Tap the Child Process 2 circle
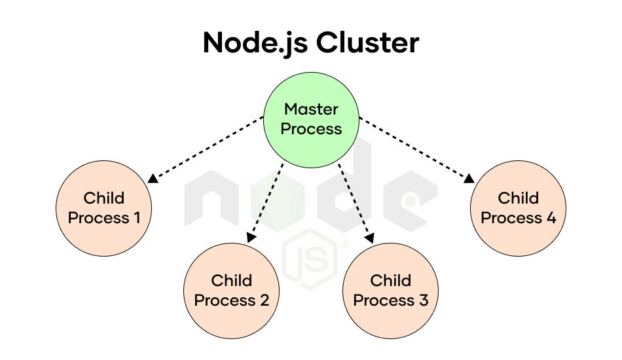[231, 290]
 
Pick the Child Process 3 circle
[390, 290]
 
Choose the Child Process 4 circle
[518, 207]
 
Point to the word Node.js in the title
[255, 43]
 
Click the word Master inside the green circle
[311, 109]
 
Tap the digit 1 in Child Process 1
[136, 217]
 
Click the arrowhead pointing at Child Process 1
[153, 179]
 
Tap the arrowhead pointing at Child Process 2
[249, 239]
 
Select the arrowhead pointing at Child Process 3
[372, 239]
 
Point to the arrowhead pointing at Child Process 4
[470, 179]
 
